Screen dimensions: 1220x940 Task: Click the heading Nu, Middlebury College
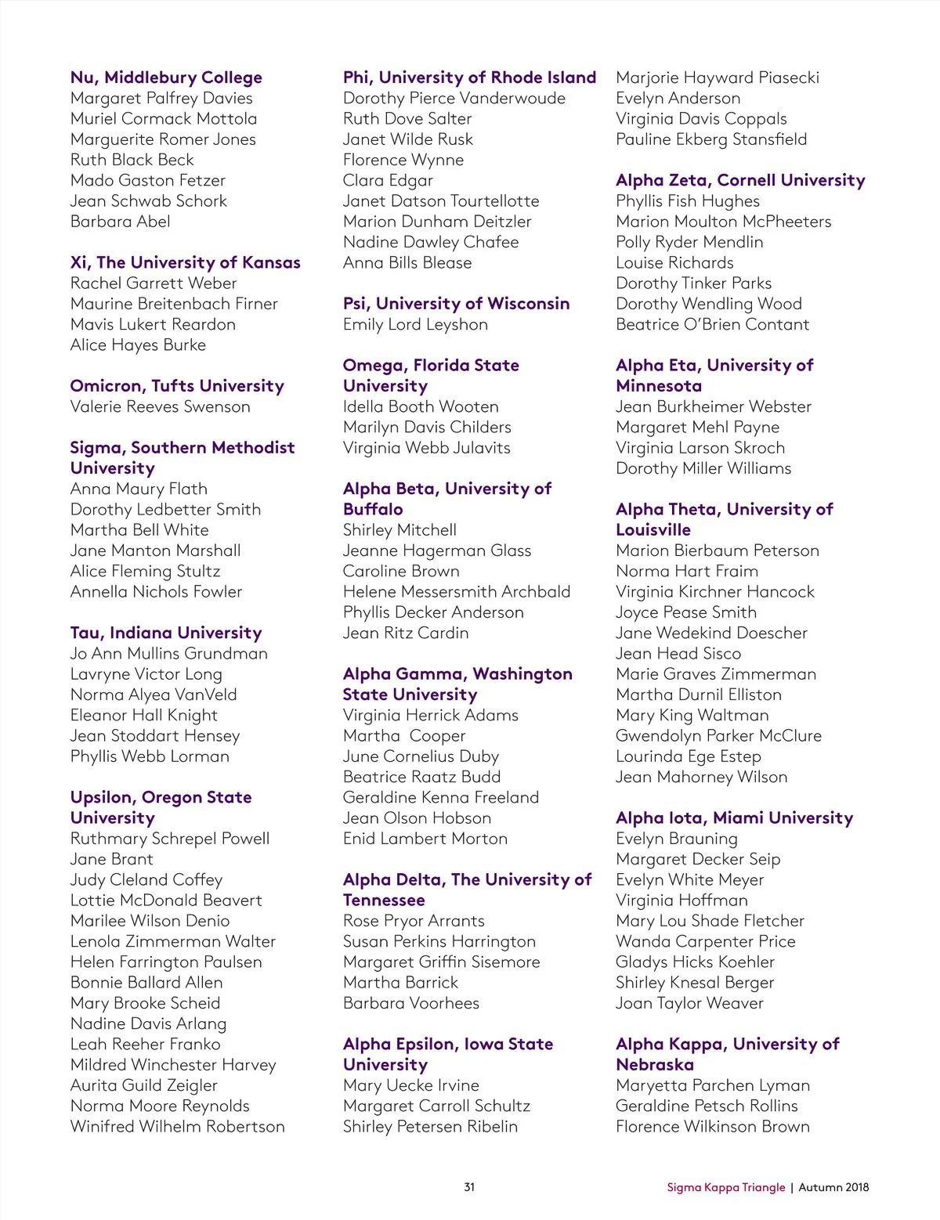coord(166,78)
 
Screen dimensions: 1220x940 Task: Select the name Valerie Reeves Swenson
coord(160,406)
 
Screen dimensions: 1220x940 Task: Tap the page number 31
coord(469,1187)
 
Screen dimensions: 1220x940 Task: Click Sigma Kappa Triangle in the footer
coord(725,1187)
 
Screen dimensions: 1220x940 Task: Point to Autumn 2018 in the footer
coord(833,1187)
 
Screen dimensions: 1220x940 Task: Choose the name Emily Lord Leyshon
coord(415,324)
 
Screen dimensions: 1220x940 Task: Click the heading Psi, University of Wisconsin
coord(456,304)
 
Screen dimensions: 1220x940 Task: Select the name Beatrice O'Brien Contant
coord(712,324)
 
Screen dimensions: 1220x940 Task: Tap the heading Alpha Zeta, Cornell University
coord(740,180)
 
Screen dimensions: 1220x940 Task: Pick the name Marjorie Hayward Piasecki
coord(718,78)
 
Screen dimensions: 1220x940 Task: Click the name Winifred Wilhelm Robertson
coord(178,1126)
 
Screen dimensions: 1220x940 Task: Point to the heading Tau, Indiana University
coord(166,633)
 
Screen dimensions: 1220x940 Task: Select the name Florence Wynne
coord(403,160)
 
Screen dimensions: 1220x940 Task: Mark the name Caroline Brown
coord(401,571)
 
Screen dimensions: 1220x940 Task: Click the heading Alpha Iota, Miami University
coord(734,818)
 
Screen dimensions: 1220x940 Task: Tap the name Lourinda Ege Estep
coord(688,756)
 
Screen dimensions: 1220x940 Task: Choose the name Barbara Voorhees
coord(410,1003)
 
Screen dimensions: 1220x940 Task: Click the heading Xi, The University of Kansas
coord(186,262)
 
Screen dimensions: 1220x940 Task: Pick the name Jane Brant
coord(111,859)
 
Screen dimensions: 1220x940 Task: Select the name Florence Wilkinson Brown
coord(713,1126)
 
